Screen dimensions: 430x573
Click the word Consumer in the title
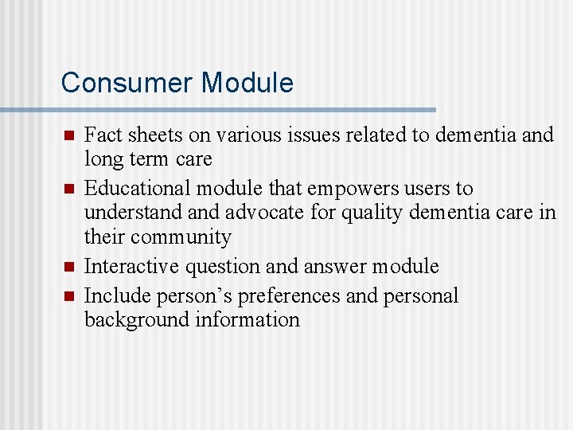[127, 83]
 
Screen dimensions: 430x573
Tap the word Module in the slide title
[248, 83]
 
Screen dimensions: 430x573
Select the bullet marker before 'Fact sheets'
[68, 136]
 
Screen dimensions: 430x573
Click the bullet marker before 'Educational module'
[68, 190]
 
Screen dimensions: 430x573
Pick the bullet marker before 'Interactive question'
[68, 267]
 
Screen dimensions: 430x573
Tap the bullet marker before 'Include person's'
[68, 296]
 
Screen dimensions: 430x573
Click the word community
[181, 237]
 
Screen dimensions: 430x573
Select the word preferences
[290, 296]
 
